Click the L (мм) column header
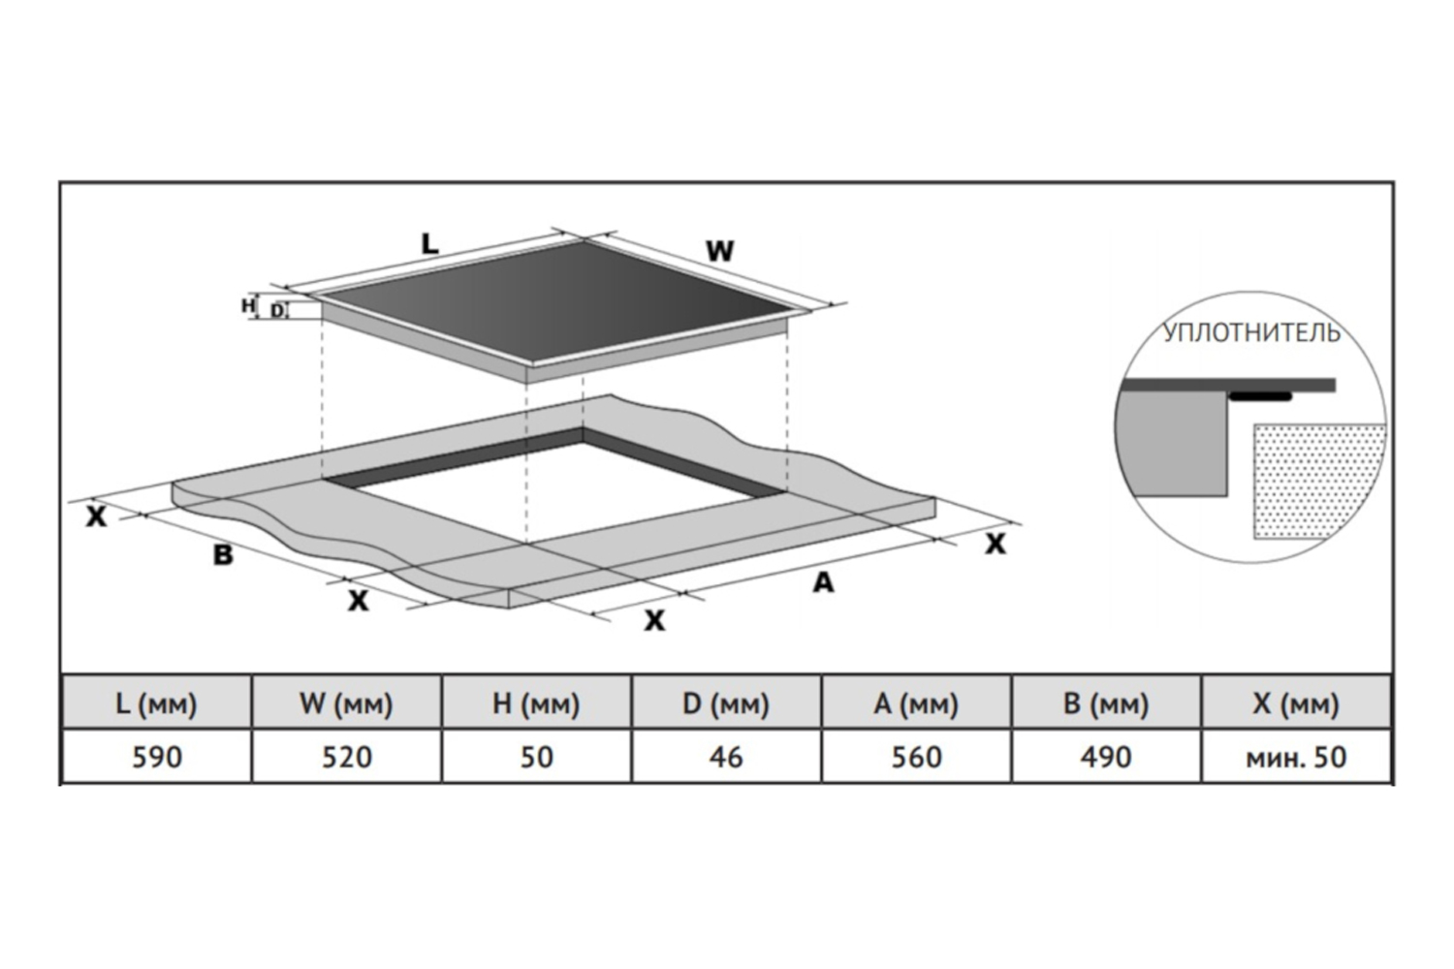coord(156,703)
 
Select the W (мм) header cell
coord(346,703)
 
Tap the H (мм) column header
coord(536,703)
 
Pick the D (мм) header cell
coord(726,703)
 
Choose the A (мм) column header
coord(916,703)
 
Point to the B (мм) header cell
coord(1106,703)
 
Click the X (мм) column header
coord(1296,703)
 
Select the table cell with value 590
coord(156,756)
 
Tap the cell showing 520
coord(346,756)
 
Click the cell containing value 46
coord(726,756)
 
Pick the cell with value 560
coord(916,756)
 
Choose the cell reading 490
coord(1106,756)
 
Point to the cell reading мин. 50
coord(1296,756)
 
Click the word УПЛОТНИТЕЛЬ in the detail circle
coord(1251,333)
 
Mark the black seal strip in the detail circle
coord(1260,396)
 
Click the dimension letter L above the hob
coord(429,244)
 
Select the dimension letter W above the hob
coord(719,251)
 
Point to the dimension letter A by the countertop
coord(823,582)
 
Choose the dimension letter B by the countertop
coord(223,555)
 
